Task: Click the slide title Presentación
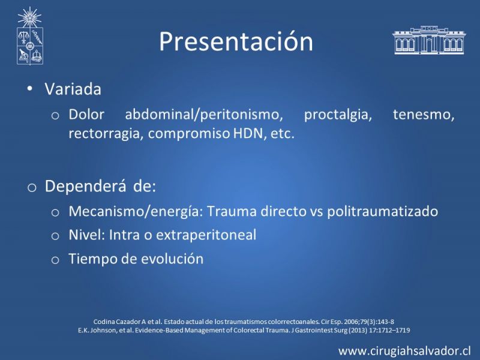tap(236, 41)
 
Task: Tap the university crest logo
tap(29, 36)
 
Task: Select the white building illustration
tap(429, 40)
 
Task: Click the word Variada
tap(73, 89)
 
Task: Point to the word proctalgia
tap(338, 115)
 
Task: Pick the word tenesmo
tap(424, 115)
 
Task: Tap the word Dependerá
tap(85, 186)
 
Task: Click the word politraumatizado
tap(382, 212)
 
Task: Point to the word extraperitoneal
tap(206, 235)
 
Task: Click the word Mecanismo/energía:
tap(136, 212)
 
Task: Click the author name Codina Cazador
tap(117, 322)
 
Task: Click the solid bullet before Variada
tap(29, 89)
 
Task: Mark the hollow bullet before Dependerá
tap(32, 187)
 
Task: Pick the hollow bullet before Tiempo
tap(55, 260)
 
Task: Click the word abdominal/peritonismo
tap(204, 115)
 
